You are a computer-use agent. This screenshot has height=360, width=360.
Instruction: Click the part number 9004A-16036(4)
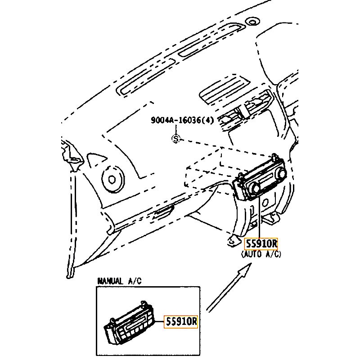(182, 120)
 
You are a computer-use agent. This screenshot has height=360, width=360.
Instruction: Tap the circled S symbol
(175, 139)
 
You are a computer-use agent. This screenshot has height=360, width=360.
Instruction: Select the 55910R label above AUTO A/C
(261, 244)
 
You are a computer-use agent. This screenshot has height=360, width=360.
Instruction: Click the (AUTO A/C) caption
(261, 254)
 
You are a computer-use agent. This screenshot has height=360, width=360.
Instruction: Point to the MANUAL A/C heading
(119, 281)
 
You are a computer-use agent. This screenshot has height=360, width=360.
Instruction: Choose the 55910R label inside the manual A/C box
(181, 322)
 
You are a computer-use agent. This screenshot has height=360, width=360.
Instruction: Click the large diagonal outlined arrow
(229, 288)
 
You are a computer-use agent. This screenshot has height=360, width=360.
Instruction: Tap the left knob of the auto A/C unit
(255, 188)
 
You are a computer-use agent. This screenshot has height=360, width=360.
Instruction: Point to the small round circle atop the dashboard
(252, 22)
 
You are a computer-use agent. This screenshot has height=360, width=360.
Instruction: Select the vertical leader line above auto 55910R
(260, 217)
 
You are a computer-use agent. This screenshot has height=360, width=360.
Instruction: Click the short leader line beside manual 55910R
(159, 321)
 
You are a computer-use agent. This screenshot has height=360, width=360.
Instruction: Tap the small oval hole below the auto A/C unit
(265, 202)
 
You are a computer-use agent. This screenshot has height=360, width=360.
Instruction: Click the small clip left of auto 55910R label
(232, 241)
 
